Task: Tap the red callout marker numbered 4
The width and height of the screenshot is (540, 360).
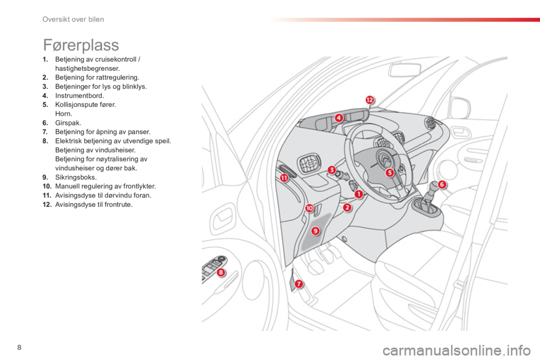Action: coord(339,118)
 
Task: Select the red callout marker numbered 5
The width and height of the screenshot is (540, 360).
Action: coord(389,173)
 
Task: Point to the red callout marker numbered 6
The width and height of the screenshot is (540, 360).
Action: coord(442,184)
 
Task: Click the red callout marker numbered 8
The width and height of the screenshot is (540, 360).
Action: coord(220,273)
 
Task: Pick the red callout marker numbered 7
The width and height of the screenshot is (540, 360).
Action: coord(299,284)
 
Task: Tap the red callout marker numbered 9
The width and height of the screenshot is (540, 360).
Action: coord(316,231)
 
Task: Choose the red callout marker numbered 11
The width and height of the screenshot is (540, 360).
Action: coord(284,178)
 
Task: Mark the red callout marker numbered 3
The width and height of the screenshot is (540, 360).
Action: coord(331,169)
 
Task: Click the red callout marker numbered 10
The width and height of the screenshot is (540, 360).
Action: coord(309,208)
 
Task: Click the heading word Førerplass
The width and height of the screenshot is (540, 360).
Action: coord(81,45)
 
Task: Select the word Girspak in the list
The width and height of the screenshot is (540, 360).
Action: coord(67,123)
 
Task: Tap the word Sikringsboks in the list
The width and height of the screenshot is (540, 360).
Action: coord(75,177)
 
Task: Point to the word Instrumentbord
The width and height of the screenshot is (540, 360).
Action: coord(79,96)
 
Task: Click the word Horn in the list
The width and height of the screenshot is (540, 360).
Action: coord(63,114)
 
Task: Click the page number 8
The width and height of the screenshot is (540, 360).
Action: coord(19,347)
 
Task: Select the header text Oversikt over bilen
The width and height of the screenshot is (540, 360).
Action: coord(73,19)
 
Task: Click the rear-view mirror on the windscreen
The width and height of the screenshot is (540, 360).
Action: coord(405,70)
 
